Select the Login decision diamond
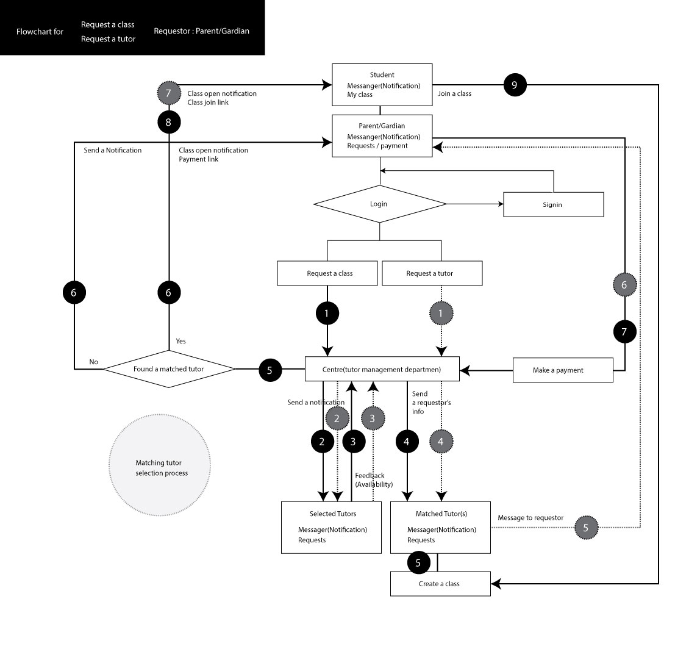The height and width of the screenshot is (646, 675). (380, 204)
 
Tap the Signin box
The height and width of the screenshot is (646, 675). (552, 204)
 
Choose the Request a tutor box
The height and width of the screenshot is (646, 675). (432, 273)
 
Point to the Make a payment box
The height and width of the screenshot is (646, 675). (563, 370)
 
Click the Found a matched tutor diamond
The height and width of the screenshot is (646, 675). (169, 368)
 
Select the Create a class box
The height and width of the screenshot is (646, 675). (440, 584)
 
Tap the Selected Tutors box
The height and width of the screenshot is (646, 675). (331, 527)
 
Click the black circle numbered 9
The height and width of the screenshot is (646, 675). (514, 85)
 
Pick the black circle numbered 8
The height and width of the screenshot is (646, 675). (169, 123)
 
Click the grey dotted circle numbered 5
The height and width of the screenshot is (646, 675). (585, 528)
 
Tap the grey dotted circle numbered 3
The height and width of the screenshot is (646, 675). (373, 418)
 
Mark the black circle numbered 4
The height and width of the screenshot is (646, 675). (407, 441)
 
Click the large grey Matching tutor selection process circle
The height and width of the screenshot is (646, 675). (160, 468)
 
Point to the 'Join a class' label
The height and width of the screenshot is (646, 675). (454, 94)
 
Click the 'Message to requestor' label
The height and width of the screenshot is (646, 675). (530, 517)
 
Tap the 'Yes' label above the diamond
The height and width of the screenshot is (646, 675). (180, 340)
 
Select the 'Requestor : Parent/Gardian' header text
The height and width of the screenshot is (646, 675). (201, 31)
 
